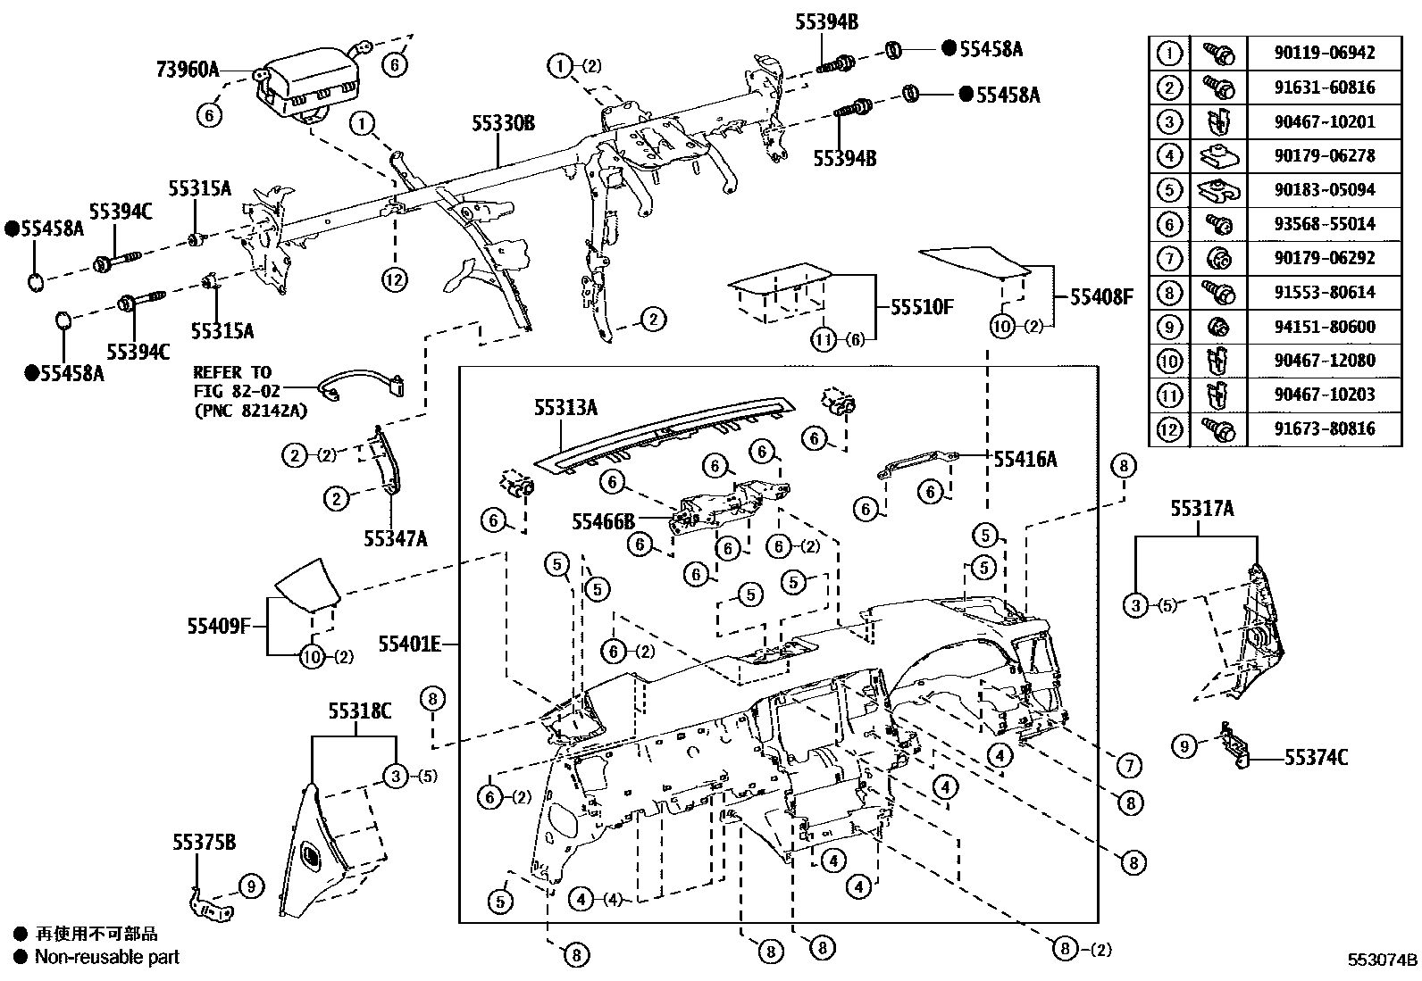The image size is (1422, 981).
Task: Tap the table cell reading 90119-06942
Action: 1324,53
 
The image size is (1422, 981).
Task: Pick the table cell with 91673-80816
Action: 1324,428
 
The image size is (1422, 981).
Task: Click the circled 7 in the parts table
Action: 1169,258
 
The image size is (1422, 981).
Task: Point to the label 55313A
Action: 565,408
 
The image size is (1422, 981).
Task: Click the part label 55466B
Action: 603,520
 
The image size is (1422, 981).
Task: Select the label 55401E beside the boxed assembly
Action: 409,644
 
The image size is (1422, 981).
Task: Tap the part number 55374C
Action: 1316,758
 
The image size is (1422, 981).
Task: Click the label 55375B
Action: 205,842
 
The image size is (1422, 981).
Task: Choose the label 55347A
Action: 396,538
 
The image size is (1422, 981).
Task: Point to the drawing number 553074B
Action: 1383,960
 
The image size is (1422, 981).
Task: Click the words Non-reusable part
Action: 107,957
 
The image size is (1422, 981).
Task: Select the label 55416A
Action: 1025,459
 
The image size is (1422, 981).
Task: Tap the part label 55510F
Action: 922,308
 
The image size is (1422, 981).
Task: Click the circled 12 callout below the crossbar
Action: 394,279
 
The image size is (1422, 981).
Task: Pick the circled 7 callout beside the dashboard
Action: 1129,765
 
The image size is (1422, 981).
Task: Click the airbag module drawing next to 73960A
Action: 308,85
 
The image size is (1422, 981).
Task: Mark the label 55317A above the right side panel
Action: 1201,509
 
